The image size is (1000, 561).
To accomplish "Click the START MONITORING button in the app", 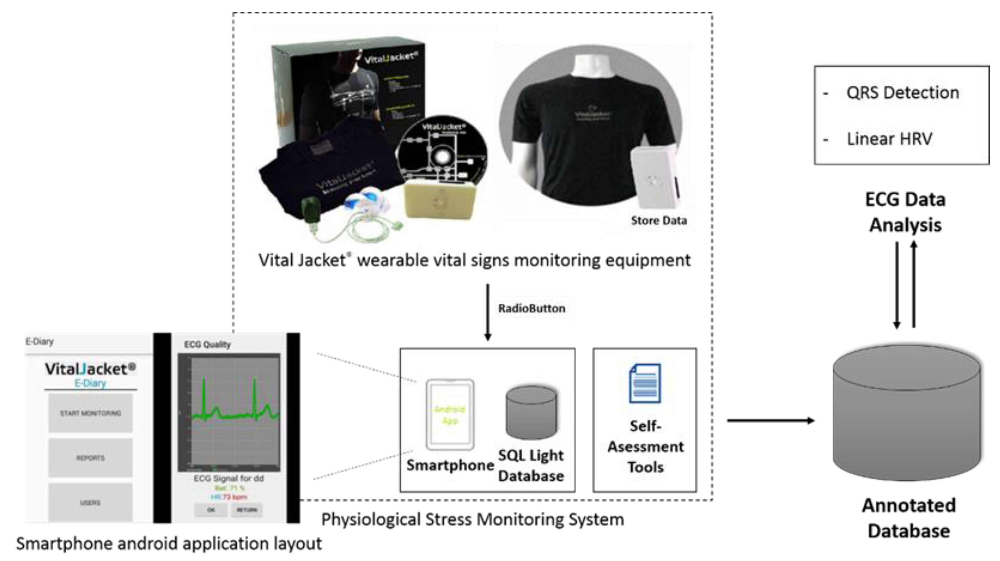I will (x=90, y=413).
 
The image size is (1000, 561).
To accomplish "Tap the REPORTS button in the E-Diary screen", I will (x=90, y=458).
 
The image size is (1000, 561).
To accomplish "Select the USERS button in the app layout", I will (x=90, y=502).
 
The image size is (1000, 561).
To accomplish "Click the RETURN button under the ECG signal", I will (x=247, y=510).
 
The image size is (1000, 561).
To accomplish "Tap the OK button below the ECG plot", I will (x=211, y=510).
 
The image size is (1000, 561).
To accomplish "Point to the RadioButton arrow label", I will (x=531, y=308).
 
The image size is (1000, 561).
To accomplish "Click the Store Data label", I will (x=659, y=220).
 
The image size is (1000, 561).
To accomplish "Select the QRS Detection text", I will (x=902, y=93).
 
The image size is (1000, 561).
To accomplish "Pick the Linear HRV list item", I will (x=889, y=139).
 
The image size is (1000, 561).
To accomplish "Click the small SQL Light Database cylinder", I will (x=531, y=412).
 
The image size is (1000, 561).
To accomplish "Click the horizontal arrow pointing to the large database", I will (x=771, y=420).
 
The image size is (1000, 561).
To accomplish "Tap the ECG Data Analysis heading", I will (x=905, y=212).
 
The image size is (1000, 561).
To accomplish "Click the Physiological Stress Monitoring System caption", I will (x=472, y=519).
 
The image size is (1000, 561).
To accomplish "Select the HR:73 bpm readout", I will (x=229, y=497).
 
